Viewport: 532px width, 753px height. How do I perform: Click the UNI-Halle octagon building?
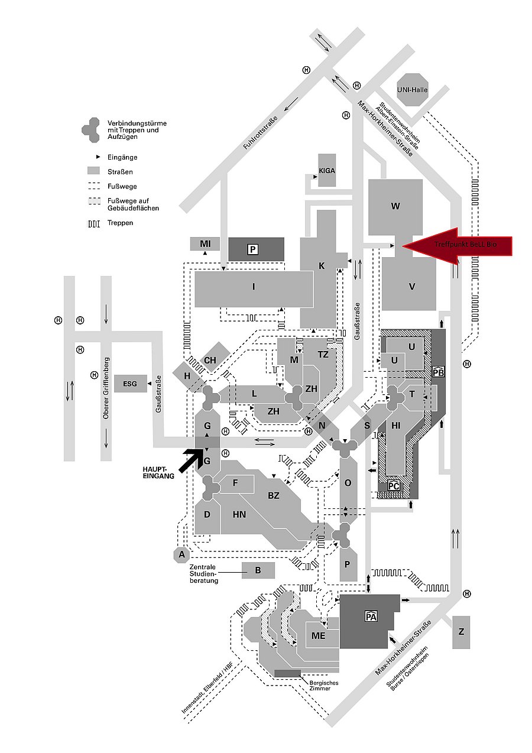click(413, 90)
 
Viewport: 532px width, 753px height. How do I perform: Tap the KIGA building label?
click(327, 170)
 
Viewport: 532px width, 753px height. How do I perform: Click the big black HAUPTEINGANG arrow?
click(191, 460)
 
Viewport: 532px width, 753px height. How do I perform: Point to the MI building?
click(205, 244)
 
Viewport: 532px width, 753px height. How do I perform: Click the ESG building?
click(130, 384)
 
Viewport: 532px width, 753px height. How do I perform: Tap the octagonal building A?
click(182, 554)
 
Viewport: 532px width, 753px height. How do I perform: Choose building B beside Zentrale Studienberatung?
click(258, 570)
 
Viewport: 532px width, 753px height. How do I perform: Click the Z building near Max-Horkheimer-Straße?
click(461, 632)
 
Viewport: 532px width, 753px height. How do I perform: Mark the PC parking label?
click(394, 485)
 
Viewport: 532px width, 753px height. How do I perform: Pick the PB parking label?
click(438, 372)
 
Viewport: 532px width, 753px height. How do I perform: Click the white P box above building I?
click(252, 249)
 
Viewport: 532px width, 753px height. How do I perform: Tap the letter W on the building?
click(395, 206)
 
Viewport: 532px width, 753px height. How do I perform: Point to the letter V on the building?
click(412, 287)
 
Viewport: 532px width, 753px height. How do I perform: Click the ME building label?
click(319, 635)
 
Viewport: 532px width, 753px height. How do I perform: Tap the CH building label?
click(210, 360)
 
